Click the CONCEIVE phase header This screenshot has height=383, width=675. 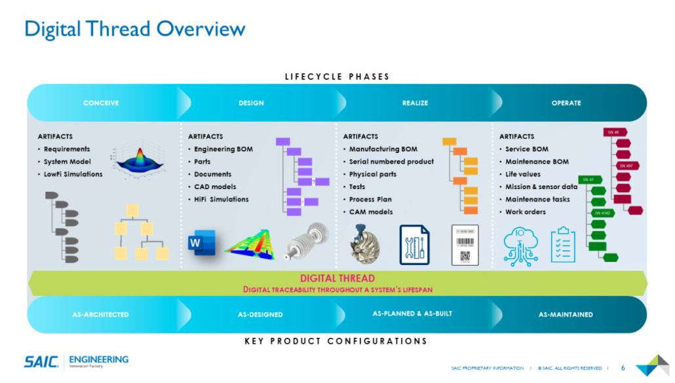[x=101, y=103]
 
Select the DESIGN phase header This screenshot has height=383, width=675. [x=251, y=103]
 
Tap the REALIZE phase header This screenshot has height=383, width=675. [x=414, y=103]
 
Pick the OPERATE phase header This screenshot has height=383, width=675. [x=566, y=103]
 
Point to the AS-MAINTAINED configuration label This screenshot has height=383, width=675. [x=565, y=314]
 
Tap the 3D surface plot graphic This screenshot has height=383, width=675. [x=139, y=158]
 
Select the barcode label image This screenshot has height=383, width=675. [x=465, y=245]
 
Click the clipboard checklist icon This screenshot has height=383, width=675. [x=562, y=245]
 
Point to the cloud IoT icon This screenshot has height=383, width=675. [x=521, y=245]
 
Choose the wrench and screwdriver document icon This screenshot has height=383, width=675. [x=415, y=245]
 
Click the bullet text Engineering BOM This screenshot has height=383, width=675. [x=223, y=149]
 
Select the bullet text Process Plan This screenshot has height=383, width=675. [x=370, y=199]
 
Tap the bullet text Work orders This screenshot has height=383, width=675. [x=525, y=211]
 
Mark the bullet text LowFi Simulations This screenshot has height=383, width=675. [x=73, y=174]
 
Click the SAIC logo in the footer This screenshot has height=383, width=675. [x=42, y=361]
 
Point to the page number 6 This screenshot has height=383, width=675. [x=623, y=367]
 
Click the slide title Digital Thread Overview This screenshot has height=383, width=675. [x=134, y=29]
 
